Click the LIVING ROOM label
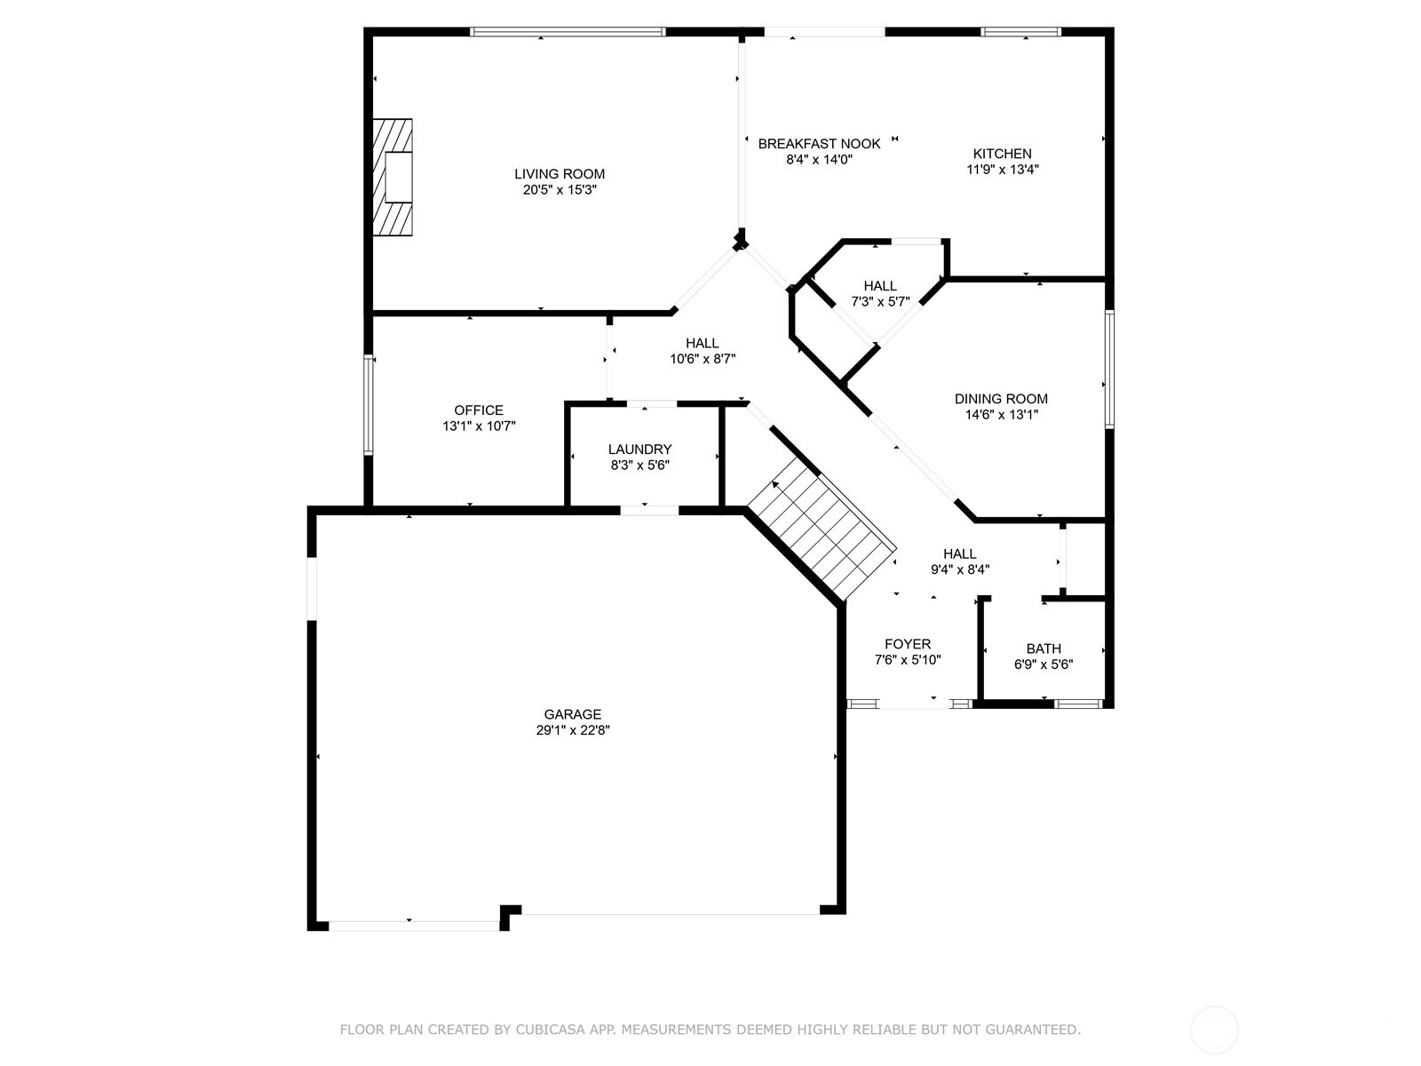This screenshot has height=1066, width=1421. pyautogui.click(x=560, y=174)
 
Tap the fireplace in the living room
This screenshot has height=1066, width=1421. pyautogui.click(x=393, y=178)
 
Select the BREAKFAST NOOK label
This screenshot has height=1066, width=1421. pyautogui.click(x=819, y=144)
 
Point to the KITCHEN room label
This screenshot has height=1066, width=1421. pyautogui.click(x=1002, y=154)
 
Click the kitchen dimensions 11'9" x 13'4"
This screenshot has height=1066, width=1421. pyautogui.click(x=1002, y=170)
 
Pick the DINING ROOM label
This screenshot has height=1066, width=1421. pyautogui.click(x=1001, y=399)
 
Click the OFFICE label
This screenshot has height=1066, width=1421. pyautogui.click(x=479, y=410)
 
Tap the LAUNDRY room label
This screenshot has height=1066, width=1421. pyautogui.click(x=639, y=449)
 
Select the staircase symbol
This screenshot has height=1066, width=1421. pyautogui.click(x=821, y=533)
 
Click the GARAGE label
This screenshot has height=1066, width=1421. pyautogui.click(x=573, y=714)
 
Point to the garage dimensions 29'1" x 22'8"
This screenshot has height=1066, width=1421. pyautogui.click(x=573, y=730)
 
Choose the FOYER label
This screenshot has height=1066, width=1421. pyautogui.click(x=908, y=644)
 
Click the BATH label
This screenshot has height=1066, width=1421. pyautogui.click(x=1044, y=648)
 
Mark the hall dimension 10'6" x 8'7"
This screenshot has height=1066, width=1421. pyautogui.click(x=703, y=360)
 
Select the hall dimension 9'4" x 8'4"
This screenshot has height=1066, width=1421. pyautogui.click(x=960, y=570)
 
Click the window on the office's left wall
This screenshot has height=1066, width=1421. pyautogui.click(x=368, y=405)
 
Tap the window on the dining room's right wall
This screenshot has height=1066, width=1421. pyautogui.click(x=1109, y=369)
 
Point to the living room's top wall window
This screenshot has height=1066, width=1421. pyautogui.click(x=568, y=32)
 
